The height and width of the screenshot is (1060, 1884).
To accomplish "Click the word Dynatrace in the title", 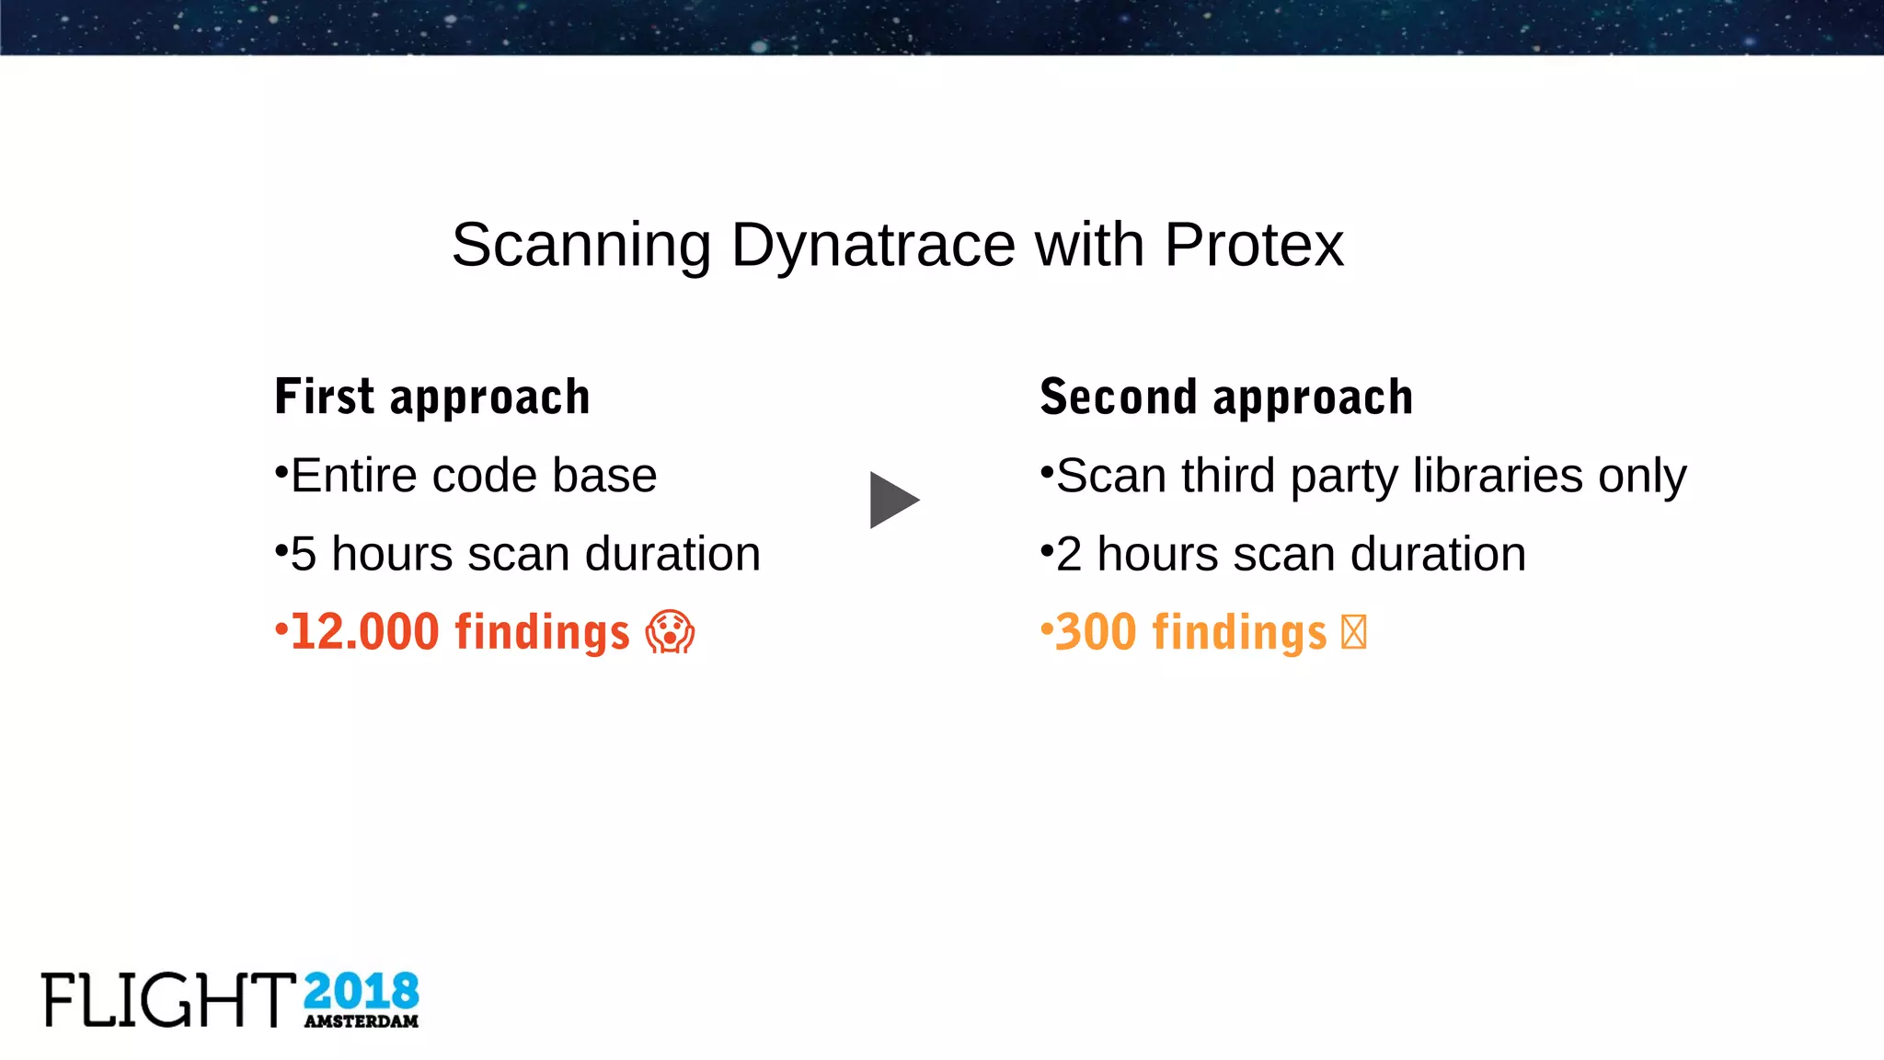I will coord(872,246).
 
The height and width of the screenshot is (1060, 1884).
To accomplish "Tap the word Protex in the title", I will coord(1254,246).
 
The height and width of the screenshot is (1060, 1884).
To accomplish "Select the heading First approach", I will coord(432,397).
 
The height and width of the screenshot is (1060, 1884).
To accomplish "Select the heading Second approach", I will coord(1225,397).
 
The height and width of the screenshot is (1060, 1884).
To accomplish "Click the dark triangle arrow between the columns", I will coord(891,501).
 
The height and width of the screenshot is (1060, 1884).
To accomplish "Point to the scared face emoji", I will coord(670,632).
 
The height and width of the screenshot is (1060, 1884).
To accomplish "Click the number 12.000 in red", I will coord(365,632).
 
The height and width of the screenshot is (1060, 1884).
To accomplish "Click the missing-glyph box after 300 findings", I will coord(1353,632).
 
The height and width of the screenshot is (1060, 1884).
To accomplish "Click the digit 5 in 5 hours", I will coord(304,554).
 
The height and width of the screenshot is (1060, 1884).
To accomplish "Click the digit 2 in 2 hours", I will coord(1069,554).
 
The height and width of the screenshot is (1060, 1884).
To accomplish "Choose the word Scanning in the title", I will coord(581,246).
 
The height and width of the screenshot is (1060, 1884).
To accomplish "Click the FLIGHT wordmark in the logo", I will coord(168,1000).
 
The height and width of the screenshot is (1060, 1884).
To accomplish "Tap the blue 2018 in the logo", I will coord(361,992).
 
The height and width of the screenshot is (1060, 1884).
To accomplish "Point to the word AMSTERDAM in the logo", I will coord(361,1021).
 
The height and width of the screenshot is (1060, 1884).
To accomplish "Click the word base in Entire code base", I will coord(604,476).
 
